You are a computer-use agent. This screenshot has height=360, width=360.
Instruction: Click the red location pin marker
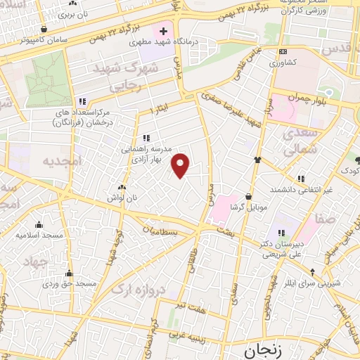[x=181, y=165]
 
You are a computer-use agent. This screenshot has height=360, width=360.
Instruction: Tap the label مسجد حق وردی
[x=69, y=283]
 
